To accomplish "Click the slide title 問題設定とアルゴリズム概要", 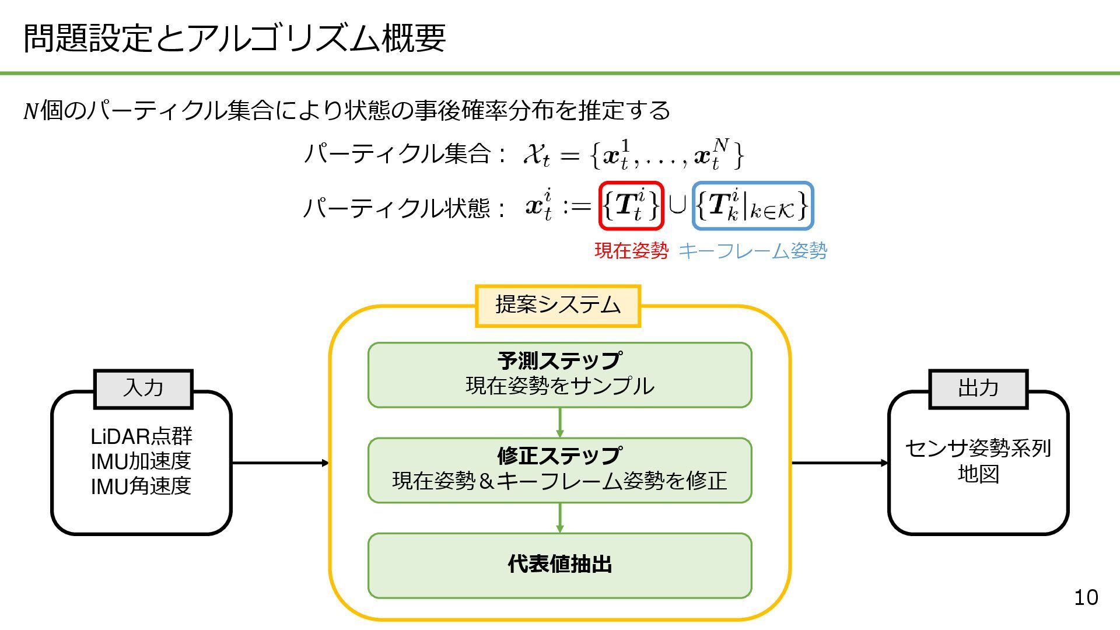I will click(x=235, y=38).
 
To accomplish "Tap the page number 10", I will click(x=1086, y=597).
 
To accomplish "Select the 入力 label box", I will click(x=143, y=388).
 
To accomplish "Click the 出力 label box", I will click(x=978, y=388).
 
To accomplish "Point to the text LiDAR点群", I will click(x=141, y=436).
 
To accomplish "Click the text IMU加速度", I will click(x=141, y=461).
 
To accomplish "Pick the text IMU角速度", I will click(x=141, y=486).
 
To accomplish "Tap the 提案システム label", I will click(x=558, y=306).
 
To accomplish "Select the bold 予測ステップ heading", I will click(x=559, y=361).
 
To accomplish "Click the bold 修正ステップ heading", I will click(x=559, y=456).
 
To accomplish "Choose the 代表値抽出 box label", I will click(x=559, y=565).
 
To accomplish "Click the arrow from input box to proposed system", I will click(x=280, y=463).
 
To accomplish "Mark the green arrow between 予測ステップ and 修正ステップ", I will click(x=560, y=422).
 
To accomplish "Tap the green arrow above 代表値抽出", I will click(x=560, y=517).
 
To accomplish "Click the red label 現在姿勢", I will click(x=631, y=251).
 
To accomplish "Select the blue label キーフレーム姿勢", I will click(x=752, y=251).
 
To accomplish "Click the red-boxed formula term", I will click(x=631, y=206).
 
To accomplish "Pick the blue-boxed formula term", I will click(x=752, y=206).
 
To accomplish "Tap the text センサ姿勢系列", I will click(x=978, y=449).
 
